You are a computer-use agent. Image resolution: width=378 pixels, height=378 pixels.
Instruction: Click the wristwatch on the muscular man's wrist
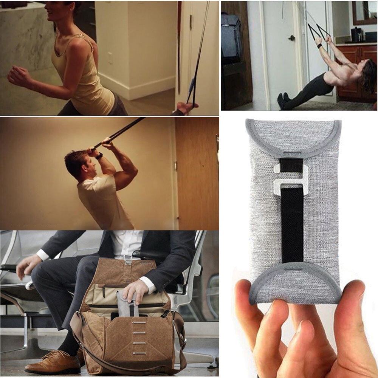pyautogui.click(x=99, y=156)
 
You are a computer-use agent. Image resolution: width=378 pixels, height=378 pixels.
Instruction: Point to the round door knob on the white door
pyautogui.click(x=291, y=38)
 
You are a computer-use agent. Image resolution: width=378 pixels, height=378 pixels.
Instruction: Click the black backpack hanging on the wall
pyautogui.click(x=231, y=38)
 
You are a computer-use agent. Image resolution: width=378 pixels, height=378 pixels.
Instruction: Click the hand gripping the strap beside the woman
pyautogui.click(x=185, y=108)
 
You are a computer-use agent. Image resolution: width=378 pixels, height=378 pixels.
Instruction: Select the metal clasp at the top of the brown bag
pyautogui.click(x=128, y=259)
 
